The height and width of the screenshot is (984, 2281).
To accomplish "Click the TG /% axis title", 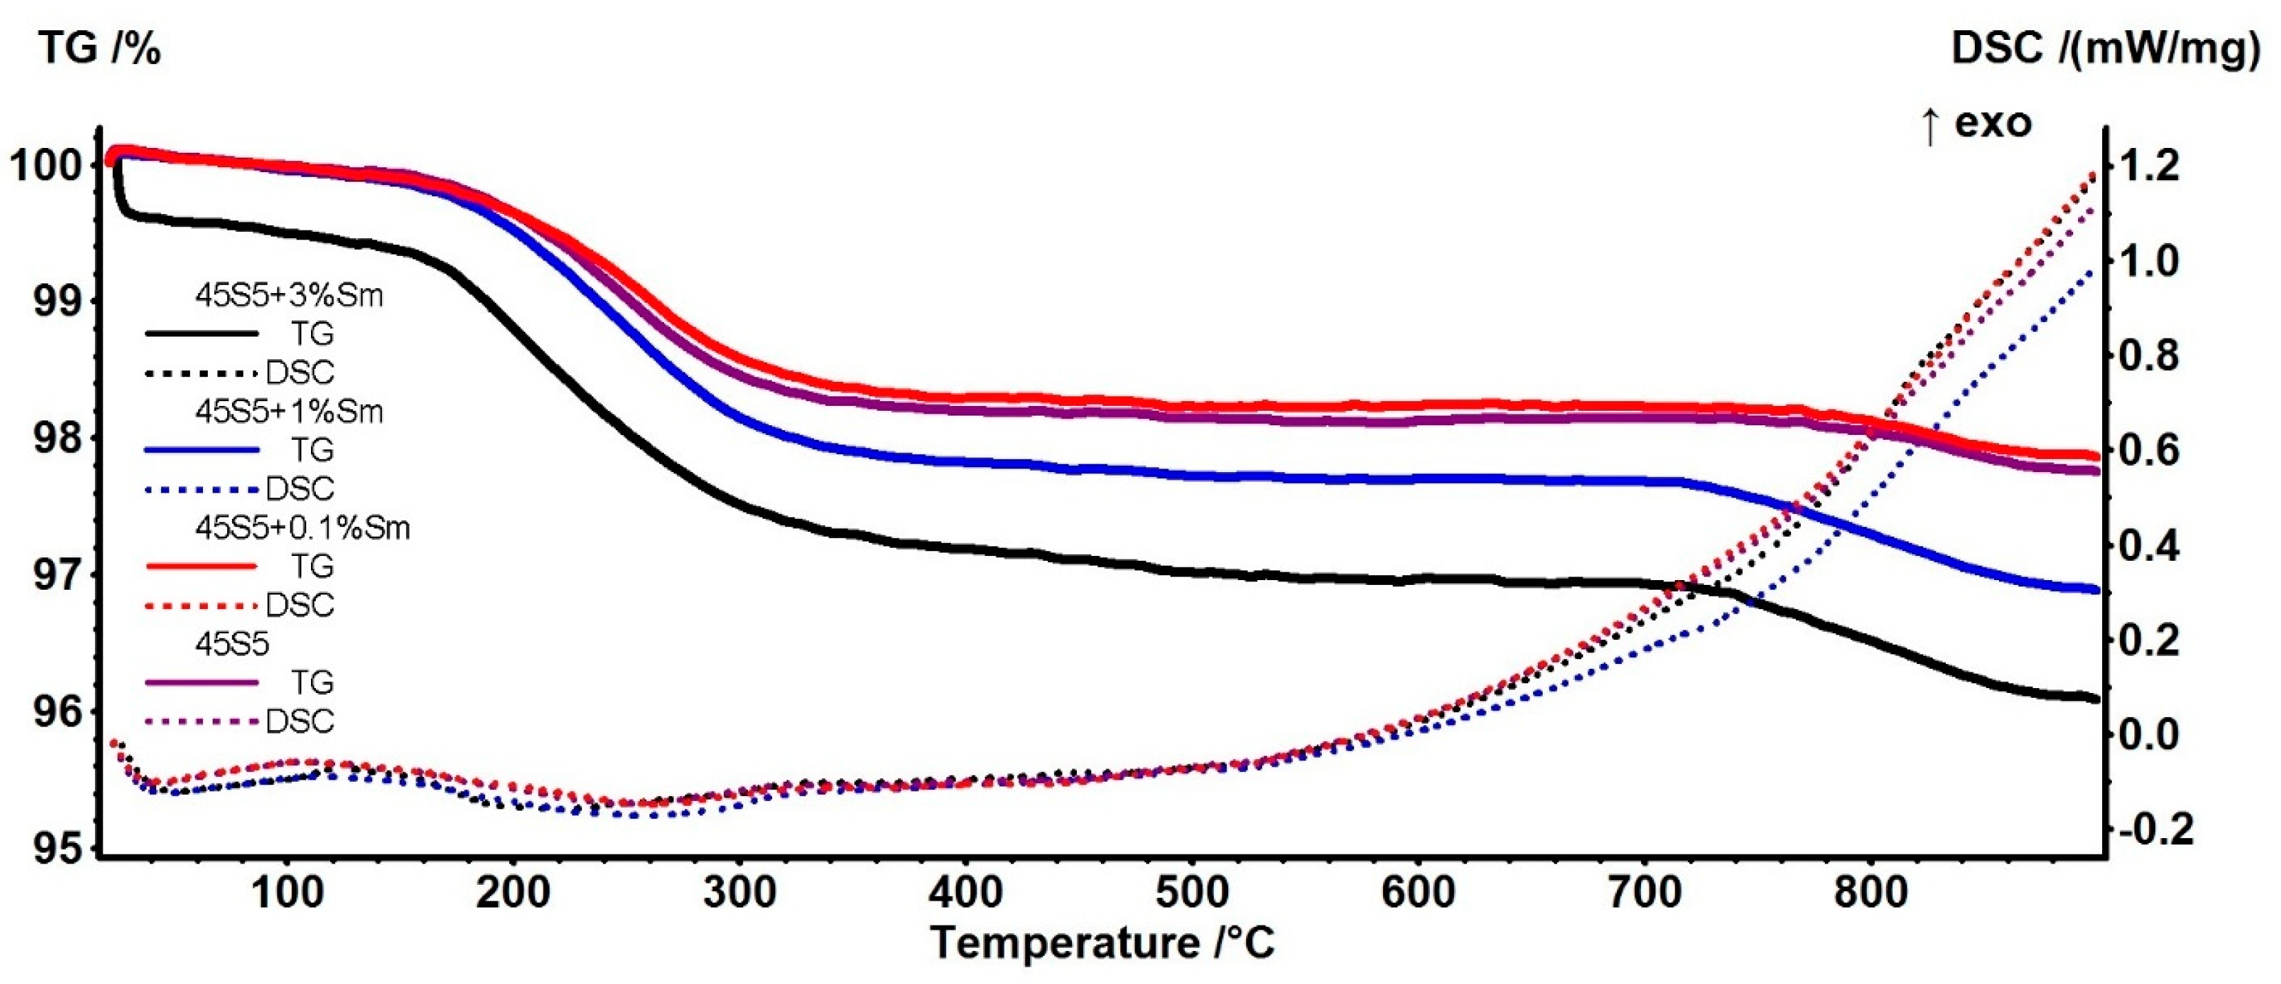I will pos(99,49).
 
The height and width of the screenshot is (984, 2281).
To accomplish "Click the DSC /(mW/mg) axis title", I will pos(2105,49).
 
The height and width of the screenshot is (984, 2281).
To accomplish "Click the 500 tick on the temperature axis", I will pos(1192,892).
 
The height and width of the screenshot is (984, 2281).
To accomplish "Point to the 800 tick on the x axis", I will pos(1871,892).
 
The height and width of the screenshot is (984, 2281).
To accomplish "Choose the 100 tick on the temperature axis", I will pos(287,892).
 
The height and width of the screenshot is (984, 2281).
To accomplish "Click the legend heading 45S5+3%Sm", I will pos(290,296).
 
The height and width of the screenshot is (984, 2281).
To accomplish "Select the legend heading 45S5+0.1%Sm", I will pos(303,528).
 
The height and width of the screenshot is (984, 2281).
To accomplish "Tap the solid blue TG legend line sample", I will pos(202,450).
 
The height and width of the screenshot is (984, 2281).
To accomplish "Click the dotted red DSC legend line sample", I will pos(202,606).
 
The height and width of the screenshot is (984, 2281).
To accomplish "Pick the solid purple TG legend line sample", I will pos(202,682).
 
